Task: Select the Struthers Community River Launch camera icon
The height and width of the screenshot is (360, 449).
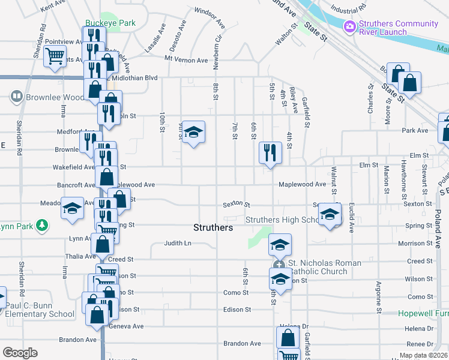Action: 349,26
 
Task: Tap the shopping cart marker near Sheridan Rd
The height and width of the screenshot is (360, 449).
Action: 55,56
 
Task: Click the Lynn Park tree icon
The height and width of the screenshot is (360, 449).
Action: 41,226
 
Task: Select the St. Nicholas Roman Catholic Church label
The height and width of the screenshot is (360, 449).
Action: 324,267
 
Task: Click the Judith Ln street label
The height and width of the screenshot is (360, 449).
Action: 178,244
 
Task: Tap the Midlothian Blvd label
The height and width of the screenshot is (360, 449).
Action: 134,78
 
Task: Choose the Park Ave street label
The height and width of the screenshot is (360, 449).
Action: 415,130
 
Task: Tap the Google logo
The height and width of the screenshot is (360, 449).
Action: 20,353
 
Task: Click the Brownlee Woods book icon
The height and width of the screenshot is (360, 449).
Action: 16,96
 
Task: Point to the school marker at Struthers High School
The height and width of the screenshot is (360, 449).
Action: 330,214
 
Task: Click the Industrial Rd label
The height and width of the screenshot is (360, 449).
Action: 348,10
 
